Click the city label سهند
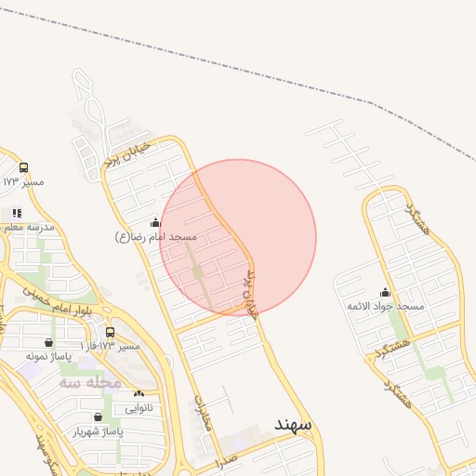297,424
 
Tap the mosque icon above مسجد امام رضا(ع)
155,223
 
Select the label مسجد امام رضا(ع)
156,237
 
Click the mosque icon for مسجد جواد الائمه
385,293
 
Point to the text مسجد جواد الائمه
385,307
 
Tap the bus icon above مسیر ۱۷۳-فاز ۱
111,333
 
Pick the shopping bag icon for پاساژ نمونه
48,342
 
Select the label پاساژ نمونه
48,356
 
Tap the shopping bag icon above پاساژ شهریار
99,417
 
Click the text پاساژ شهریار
98,431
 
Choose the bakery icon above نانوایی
139,394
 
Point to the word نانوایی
139,407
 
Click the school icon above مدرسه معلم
17,213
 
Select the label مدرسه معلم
29,227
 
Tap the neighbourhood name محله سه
90,382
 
